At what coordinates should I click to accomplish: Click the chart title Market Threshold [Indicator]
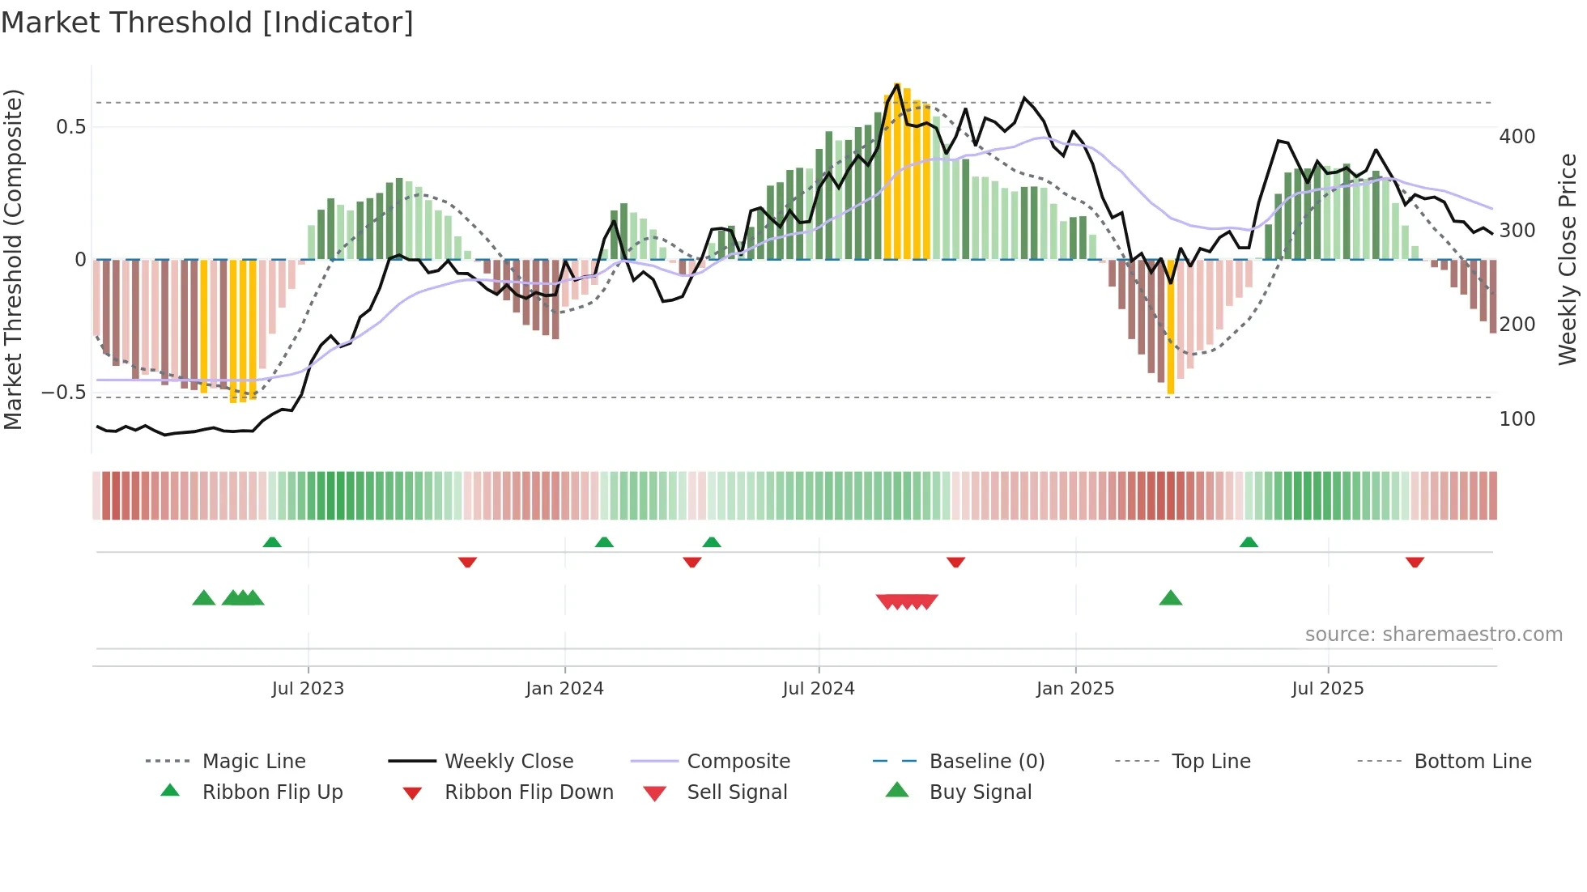tap(207, 23)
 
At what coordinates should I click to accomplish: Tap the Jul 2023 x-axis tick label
tap(308, 689)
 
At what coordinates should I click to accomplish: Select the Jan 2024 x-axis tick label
tap(564, 689)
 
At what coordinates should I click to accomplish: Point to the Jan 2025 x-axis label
tap(1075, 689)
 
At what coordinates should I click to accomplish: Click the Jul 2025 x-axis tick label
tap(1328, 689)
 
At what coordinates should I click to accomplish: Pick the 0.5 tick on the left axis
tap(70, 127)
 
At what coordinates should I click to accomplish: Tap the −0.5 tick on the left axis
tap(64, 393)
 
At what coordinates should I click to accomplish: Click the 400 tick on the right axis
tap(1517, 137)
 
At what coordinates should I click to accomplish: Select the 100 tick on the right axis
tap(1517, 419)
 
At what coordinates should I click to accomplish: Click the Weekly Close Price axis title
tap(1568, 259)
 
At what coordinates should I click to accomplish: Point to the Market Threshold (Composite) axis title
tap(13, 259)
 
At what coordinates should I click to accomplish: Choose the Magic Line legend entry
tap(253, 762)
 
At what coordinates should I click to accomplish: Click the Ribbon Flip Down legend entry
tap(529, 792)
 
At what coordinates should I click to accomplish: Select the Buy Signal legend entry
tap(980, 792)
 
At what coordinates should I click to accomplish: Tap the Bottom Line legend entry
tap(1472, 762)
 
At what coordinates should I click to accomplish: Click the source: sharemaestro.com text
tap(1433, 635)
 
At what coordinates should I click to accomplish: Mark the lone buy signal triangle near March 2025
tap(1171, 599)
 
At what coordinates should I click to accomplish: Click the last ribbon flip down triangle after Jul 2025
tap(1415, 562)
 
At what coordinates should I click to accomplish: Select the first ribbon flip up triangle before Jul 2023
tap(272, 542)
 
